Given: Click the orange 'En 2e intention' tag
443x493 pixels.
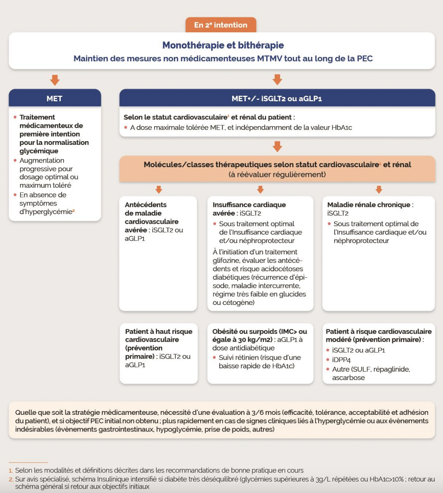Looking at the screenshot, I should [x=221, y=25].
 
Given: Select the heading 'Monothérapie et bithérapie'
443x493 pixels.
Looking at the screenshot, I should [x=223, y=45].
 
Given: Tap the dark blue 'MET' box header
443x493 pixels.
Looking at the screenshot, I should [x=54, y=98].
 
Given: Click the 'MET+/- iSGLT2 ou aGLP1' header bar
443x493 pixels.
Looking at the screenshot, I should [x=277, y=98].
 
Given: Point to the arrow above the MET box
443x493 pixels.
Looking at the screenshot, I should [x=55, y=80].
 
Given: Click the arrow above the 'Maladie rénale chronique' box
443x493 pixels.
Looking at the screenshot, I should [x=379, y=190].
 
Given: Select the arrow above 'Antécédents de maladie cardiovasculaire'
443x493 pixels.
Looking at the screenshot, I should [x=159, y=190].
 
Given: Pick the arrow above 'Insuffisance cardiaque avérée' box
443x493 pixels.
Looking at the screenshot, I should [x=260, y=190].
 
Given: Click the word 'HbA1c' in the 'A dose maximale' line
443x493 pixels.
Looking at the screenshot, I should [x=342, y=128].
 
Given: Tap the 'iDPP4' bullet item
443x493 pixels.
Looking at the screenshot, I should [x=341, y=360].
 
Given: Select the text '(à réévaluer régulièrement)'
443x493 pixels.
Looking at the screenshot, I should [x=277, y=175].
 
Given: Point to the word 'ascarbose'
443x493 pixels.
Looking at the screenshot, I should [x=348, y=378].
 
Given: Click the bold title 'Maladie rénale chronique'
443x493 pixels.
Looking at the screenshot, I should [x=369, y=205].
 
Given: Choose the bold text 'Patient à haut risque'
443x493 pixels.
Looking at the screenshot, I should [x=159, y=331].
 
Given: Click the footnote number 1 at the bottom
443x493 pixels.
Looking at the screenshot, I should [x=11, y=471].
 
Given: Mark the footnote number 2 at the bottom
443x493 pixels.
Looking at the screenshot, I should [x=11, y=479].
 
